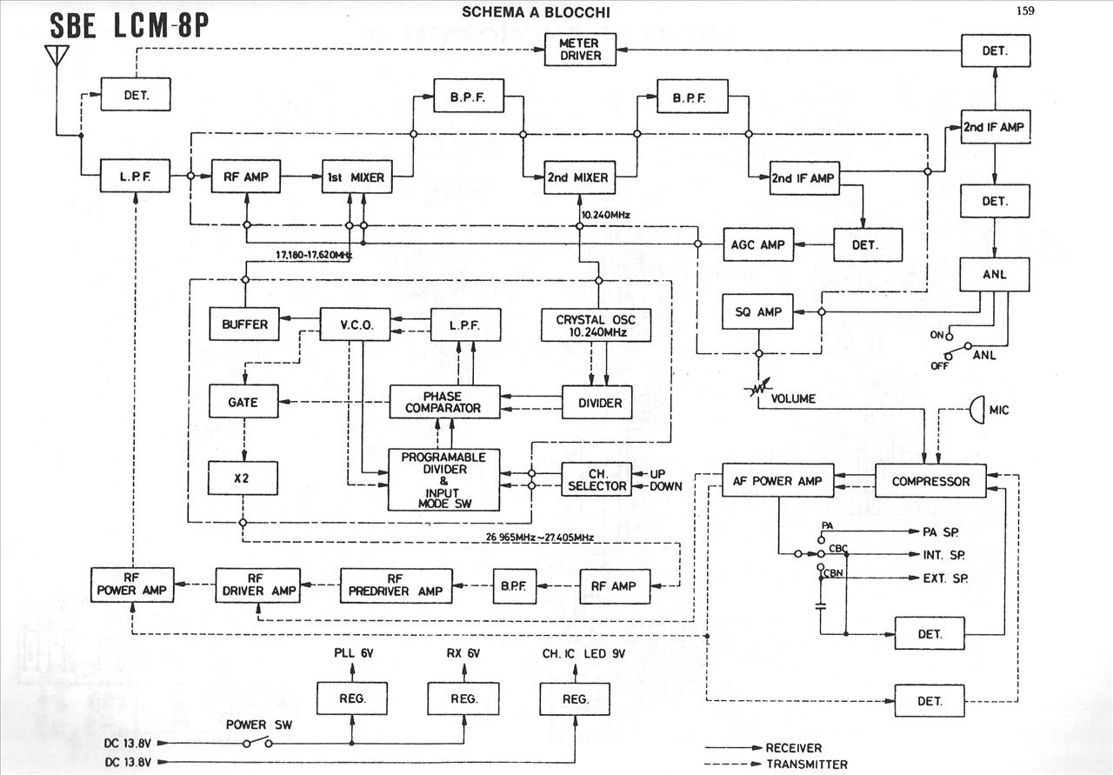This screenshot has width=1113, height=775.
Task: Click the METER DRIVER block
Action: [579, 50]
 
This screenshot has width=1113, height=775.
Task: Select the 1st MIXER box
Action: [357, 178]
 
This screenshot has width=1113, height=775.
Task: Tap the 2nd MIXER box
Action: [577, 178]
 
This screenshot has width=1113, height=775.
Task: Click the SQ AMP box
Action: [758, 312]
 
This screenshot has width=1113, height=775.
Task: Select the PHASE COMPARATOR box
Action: [444, 402]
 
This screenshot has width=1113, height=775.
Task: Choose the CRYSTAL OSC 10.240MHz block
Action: [596, 324]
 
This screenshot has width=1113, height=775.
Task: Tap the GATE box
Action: [243, 402]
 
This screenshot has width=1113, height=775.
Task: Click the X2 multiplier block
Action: [243, 478]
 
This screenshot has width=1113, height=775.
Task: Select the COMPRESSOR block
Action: [930, 481]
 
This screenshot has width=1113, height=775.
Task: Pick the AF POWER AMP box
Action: [778, 481]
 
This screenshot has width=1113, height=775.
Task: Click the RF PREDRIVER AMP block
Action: [395, 586]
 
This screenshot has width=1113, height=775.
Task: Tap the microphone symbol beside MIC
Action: [975, 409]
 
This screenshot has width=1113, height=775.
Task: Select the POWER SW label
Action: [252, 725]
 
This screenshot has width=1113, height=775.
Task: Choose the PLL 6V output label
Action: [352, 653]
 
